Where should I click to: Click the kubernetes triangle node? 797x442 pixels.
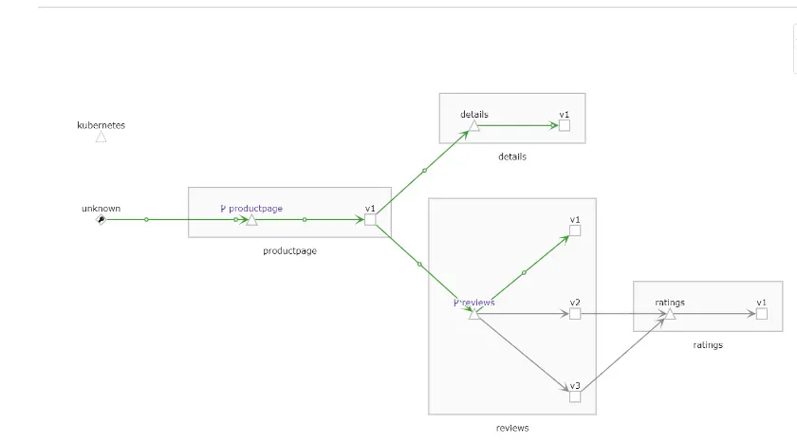coord(101,137)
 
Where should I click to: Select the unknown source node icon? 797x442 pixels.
coord(101,219)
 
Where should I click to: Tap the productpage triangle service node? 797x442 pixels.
coord(251,220)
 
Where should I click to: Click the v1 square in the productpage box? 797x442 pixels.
coord(370,219)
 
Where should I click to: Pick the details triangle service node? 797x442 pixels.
coord(473,125)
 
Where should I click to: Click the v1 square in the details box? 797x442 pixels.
coord(565,125)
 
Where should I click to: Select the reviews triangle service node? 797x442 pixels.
coord(473,313)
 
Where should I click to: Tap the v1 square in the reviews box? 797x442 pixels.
coord(575,230)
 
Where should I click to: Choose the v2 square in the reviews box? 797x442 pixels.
coord(575,313)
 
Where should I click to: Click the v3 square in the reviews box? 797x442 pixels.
coord(575,396)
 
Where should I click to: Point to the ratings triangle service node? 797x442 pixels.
coord(669,314)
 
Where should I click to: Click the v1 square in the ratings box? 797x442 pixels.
coord(762,313)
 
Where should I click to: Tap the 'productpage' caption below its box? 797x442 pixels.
coord(289,251)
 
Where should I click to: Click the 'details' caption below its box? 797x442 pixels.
coord(512,157)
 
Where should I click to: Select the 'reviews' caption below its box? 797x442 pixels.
coord(512,428)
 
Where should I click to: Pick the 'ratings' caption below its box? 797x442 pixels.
coord(708,345)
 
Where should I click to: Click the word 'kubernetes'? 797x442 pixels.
coord(101,125)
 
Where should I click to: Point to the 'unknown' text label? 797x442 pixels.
coord(101,209)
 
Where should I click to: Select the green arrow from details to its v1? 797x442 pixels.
coord(517,125)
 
